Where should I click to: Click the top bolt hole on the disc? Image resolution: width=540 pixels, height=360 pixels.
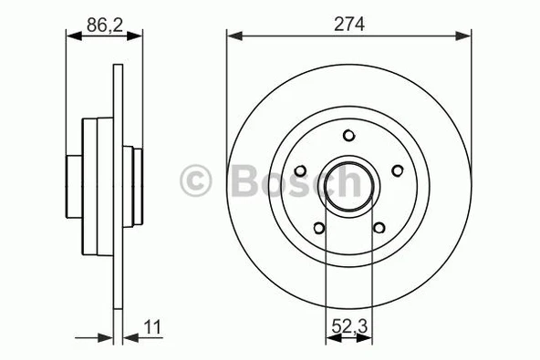[349, 135]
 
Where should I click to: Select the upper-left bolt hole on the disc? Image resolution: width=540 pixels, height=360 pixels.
[301, 170]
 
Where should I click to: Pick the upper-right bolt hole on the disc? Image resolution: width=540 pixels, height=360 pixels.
[397, 170]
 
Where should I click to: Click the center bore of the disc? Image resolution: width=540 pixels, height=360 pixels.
[349, 186]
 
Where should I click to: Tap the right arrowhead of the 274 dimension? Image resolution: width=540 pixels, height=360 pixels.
[466, 36]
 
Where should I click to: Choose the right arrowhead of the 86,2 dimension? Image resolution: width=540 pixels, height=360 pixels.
[138, 36]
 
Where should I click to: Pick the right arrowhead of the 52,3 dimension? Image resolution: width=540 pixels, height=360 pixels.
[367, 338]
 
